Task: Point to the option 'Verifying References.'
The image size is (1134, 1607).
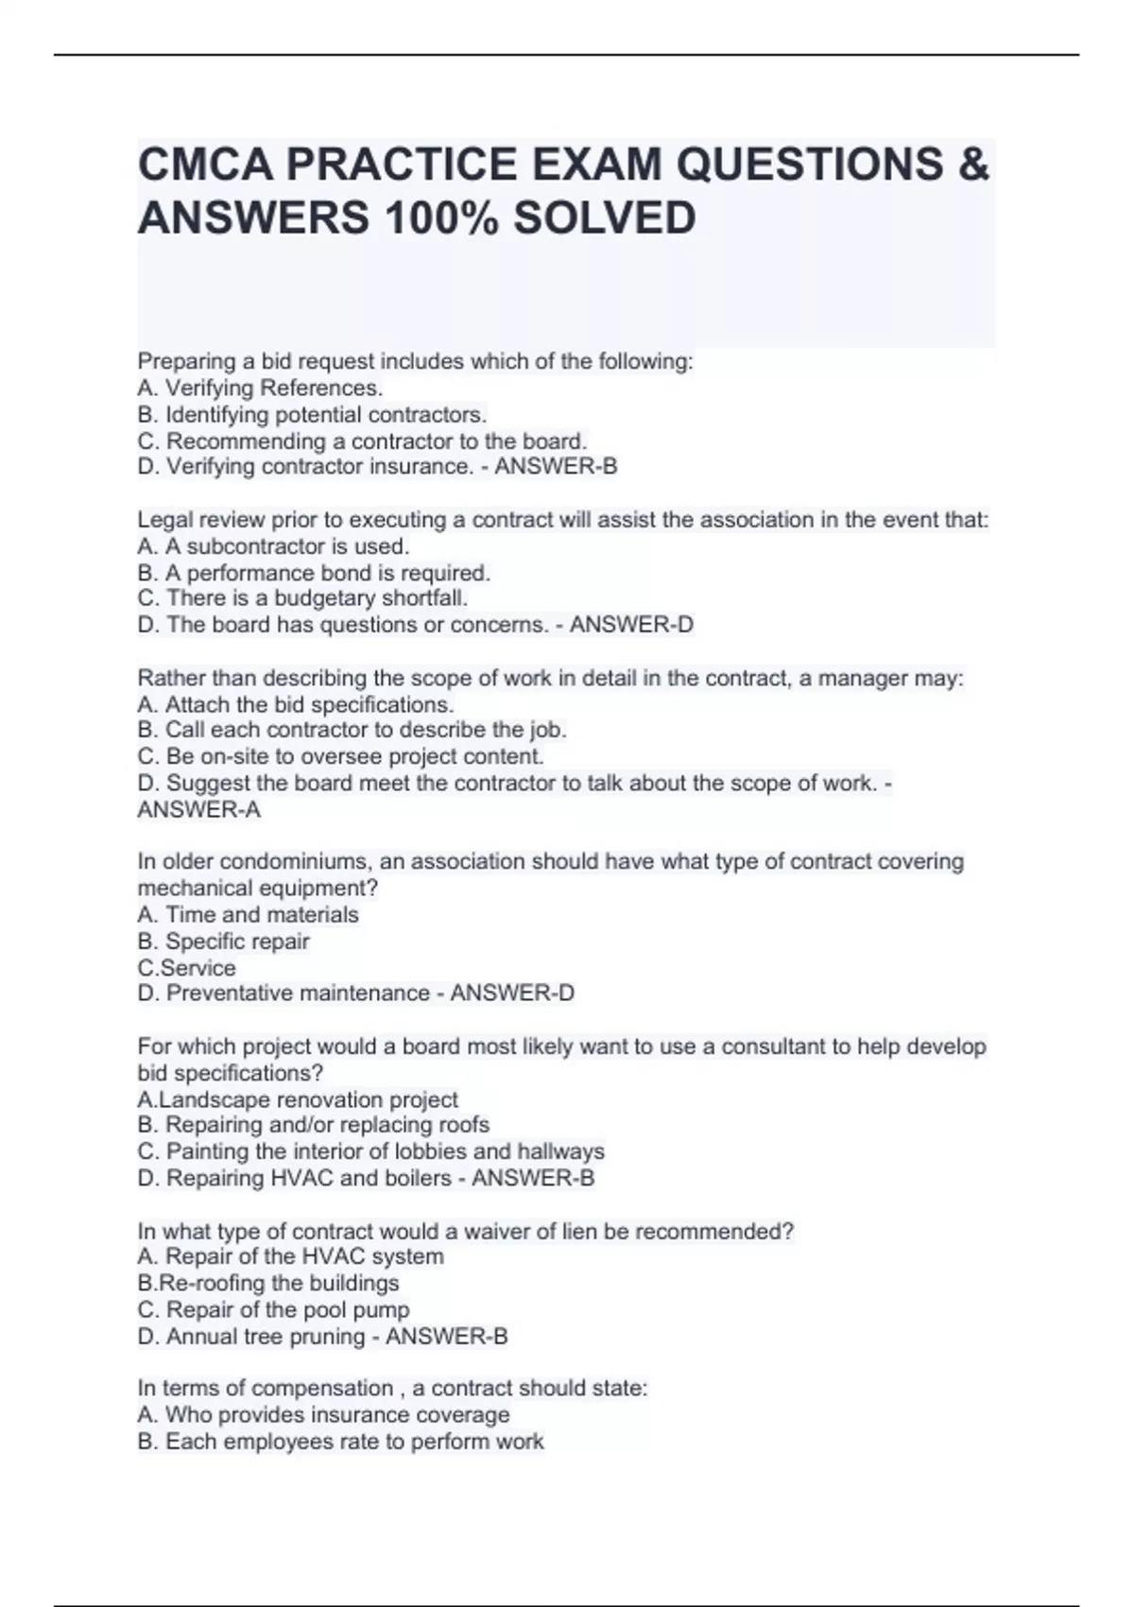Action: pyautogui.click(x=261, y=389)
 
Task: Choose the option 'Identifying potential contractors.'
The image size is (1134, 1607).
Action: pyautogui.click(x=313, y=415)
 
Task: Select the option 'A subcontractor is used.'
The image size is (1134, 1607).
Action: pyautogui.click(x=274, y=546)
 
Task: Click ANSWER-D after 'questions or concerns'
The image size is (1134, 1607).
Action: pyautogui.click(x=631, y=625)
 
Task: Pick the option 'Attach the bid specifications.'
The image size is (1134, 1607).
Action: pyautogui.click(x=296, y=705)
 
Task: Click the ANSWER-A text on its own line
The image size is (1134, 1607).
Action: pyautogui.click(x=199, y=810)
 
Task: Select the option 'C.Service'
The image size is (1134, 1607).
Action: pyautogui.click(x=187, y=968)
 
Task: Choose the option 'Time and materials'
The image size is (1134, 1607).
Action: pyautogui.click(x=249, y=915)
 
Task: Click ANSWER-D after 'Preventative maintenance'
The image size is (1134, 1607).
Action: pyautogui.click(x=512, y=994)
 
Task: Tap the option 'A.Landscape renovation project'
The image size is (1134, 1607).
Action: pyautogui.click(x=298, y=1100)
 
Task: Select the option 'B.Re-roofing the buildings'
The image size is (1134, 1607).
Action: pyautogui.click(x=268, y=1284)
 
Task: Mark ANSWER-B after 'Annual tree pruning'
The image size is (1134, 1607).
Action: pyautogui.click(x=447, y=1337)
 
